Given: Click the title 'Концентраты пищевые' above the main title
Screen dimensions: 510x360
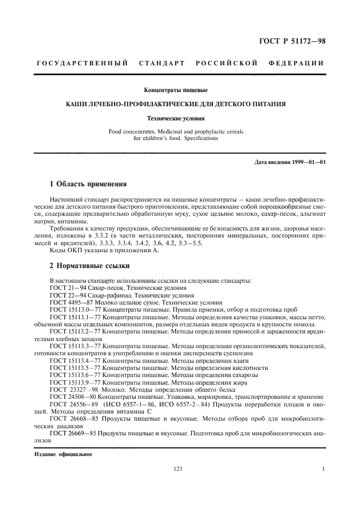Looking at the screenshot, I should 180,89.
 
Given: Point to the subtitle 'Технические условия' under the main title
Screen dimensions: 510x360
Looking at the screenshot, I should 180,117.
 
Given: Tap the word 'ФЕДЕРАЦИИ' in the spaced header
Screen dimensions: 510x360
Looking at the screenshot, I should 297,64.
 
